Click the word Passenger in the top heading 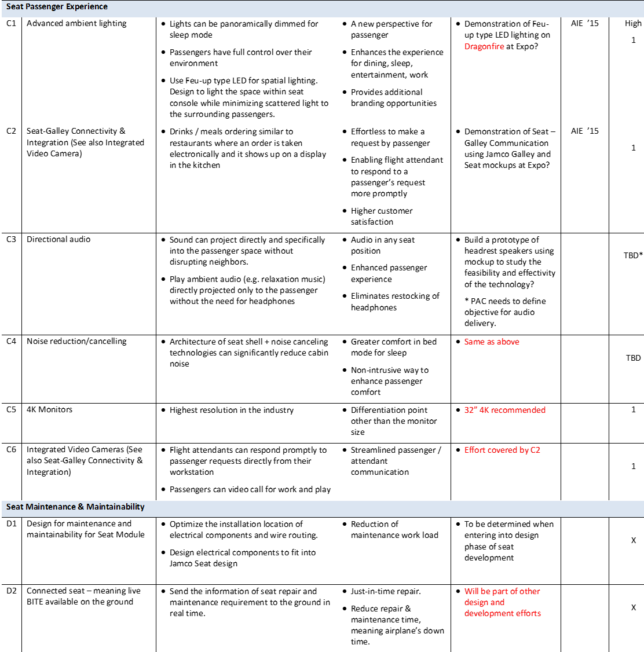[x=44, y=7]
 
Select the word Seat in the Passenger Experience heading [x=14, y=7]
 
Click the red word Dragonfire [x=484, y=47]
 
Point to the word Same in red [x=474, y=342]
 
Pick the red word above [x=508, y=342]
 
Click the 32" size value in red [x=470, y=410]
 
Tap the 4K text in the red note [x=484, y=410]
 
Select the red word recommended [x=518, y=410]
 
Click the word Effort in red [x=475, y=450]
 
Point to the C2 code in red [x=536, y=450]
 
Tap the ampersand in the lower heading [x=81, y=507]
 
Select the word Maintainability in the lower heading [x=115, y=507]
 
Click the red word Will [x=471, y=591]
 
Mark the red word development [x=485, y=613]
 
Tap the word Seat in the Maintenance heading [x=14, y=507]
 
